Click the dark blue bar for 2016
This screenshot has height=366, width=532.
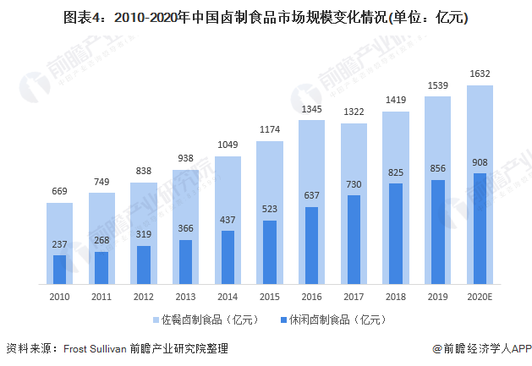coord(311,245)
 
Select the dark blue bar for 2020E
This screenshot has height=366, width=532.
coord(480,228)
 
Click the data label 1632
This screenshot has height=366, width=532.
coord(480,74)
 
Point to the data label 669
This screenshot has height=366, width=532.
coord(59,191)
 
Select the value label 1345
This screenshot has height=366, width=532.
coord(311,109)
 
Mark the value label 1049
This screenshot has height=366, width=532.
coord(228,145)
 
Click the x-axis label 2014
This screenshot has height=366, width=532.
coord(228,297)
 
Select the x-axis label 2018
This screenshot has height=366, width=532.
coord(396,297)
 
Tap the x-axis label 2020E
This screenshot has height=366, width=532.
coord(480,297)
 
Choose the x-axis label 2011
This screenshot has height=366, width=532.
coord(101,297)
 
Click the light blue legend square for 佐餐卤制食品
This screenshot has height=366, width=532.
coord(155,320)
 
